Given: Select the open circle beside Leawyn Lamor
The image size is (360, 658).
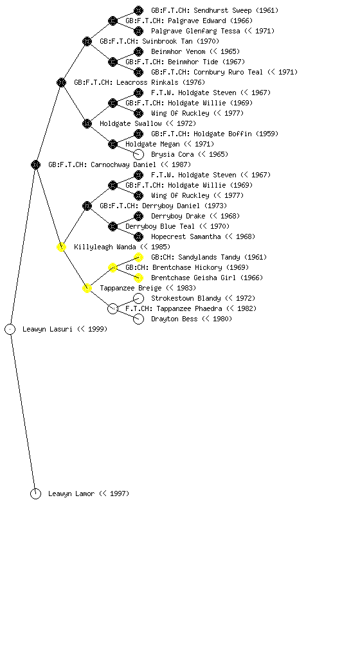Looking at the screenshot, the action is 35,494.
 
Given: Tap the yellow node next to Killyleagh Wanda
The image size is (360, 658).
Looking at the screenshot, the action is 61,247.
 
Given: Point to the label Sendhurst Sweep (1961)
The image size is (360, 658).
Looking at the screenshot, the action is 215,10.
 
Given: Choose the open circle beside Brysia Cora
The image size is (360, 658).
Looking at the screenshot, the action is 138,154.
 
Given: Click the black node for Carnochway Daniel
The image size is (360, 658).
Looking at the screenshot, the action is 35,165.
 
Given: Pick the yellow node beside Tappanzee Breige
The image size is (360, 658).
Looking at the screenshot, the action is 87,289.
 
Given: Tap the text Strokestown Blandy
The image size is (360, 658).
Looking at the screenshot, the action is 186,298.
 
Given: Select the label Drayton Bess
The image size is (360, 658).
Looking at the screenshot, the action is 174,319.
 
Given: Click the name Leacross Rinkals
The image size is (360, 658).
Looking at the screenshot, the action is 147,83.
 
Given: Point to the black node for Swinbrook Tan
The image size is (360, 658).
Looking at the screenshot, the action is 87,42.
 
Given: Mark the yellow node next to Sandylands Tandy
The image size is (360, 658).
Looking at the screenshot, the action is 138,257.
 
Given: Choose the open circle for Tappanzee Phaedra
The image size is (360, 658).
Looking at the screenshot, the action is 113,309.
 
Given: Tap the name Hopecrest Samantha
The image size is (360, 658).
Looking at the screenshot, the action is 186,236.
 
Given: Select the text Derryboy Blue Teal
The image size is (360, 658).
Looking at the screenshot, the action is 160,227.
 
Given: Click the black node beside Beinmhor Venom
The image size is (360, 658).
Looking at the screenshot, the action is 138,51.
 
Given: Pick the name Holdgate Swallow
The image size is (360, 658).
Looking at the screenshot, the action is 130,124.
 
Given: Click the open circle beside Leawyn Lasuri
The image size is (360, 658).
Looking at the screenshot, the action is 10,330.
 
